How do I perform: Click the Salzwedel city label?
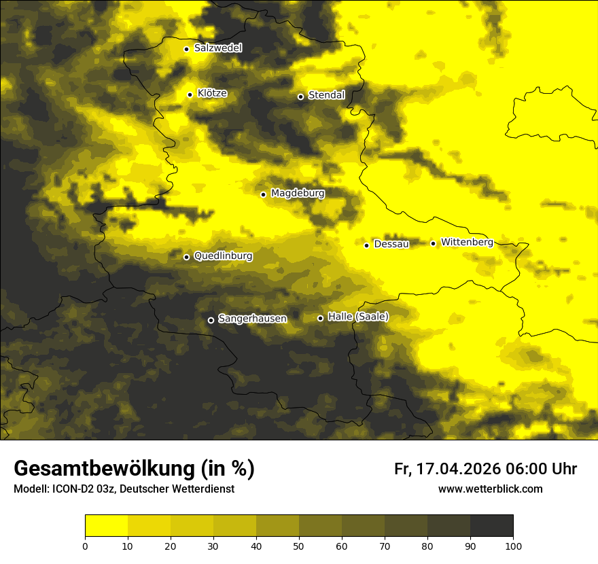click(x=217, y=48)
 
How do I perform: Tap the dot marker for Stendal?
click(x=300, y=96)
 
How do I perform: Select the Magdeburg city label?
click(x=298, y=194)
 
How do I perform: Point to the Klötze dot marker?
click(x=190, y=94)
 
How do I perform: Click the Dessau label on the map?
click(x=391, y=244)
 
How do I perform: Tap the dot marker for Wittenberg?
click(x=433, y=243)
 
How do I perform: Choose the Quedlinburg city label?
click(x=223, y=256)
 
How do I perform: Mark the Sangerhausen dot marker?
click(x=211, y=320)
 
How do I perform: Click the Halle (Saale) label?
click(x=358, y=317)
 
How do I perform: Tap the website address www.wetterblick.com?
click(x=490, y=489)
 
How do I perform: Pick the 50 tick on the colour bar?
click(x=299, y=546)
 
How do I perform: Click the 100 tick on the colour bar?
click(x=513, y=546)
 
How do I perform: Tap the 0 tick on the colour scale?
click(x=85, y=546)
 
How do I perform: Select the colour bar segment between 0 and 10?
click(x=106, y=526)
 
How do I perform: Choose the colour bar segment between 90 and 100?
click(x=491, y=526)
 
